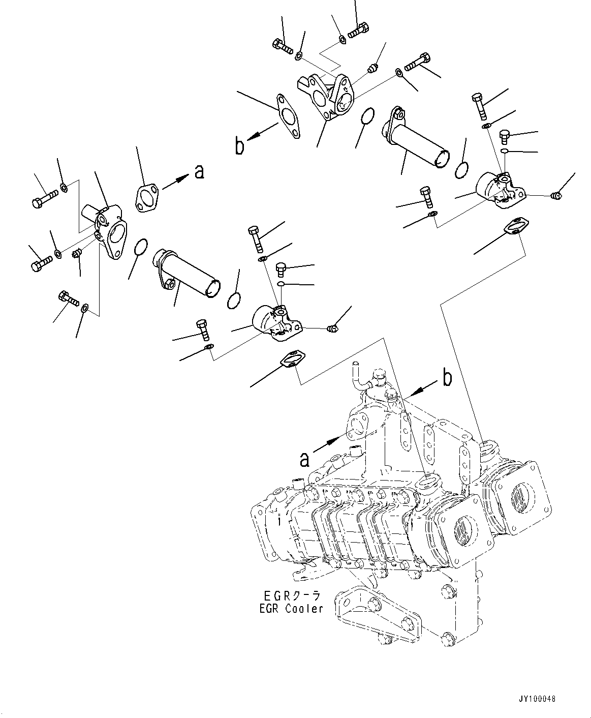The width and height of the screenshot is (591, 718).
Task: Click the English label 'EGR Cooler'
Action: coord(290,608)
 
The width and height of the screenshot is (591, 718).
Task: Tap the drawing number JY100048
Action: coord(538,699)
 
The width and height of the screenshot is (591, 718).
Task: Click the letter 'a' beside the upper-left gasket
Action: coord(199,172)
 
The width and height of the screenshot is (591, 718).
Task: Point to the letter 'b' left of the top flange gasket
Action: coord(239,145)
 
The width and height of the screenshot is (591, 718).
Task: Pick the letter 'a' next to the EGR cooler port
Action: coord(304,459)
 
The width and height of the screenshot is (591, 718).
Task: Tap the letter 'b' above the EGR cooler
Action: coord(447,378)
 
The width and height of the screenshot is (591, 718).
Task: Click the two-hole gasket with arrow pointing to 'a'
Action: coord(146,198)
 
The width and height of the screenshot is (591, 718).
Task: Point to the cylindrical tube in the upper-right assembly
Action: coord(418,136)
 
